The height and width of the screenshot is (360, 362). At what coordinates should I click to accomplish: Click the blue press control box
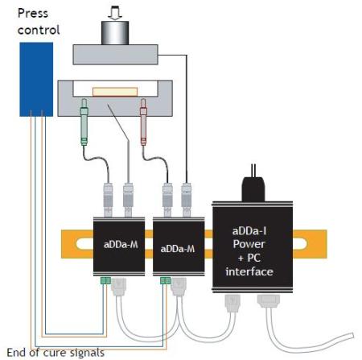click(36, 80)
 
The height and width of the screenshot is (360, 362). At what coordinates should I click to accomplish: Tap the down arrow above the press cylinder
click(115, 13)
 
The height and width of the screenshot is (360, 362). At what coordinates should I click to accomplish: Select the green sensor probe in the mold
click(84, 122)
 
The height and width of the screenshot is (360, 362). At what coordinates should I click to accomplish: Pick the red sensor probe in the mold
click(143, 122)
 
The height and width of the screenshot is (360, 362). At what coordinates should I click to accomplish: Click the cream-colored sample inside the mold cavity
click(115, 92)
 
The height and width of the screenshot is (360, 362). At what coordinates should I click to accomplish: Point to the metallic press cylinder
click(115, 33)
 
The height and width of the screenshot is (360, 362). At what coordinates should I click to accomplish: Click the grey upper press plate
click(116, 55)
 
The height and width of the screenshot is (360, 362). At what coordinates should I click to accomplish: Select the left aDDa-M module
click(119, 246)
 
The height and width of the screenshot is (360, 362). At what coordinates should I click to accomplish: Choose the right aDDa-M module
click(179, 246)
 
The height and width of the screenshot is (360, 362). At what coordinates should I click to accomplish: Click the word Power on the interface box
click(249, 244)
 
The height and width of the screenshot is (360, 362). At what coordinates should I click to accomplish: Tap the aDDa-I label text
click(249, 231)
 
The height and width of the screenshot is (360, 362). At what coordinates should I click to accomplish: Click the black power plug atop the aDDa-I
click(253, 188)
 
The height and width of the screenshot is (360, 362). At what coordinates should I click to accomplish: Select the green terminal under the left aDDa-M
click(105, 280)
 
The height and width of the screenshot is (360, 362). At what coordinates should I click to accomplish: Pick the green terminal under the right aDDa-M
click(165, 280)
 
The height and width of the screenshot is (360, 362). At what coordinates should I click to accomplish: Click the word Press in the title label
click(33, 13)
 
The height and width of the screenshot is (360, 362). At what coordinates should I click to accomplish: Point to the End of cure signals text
click(56, 353)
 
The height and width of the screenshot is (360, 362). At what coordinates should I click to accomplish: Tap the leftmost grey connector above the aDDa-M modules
click(108, 200)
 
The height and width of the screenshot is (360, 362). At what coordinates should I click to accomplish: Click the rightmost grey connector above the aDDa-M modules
click(186, 200)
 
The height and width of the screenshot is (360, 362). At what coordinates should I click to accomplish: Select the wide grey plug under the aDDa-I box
click(269, 300)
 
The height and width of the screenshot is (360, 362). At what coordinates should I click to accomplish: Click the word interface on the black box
click(249, 271)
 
